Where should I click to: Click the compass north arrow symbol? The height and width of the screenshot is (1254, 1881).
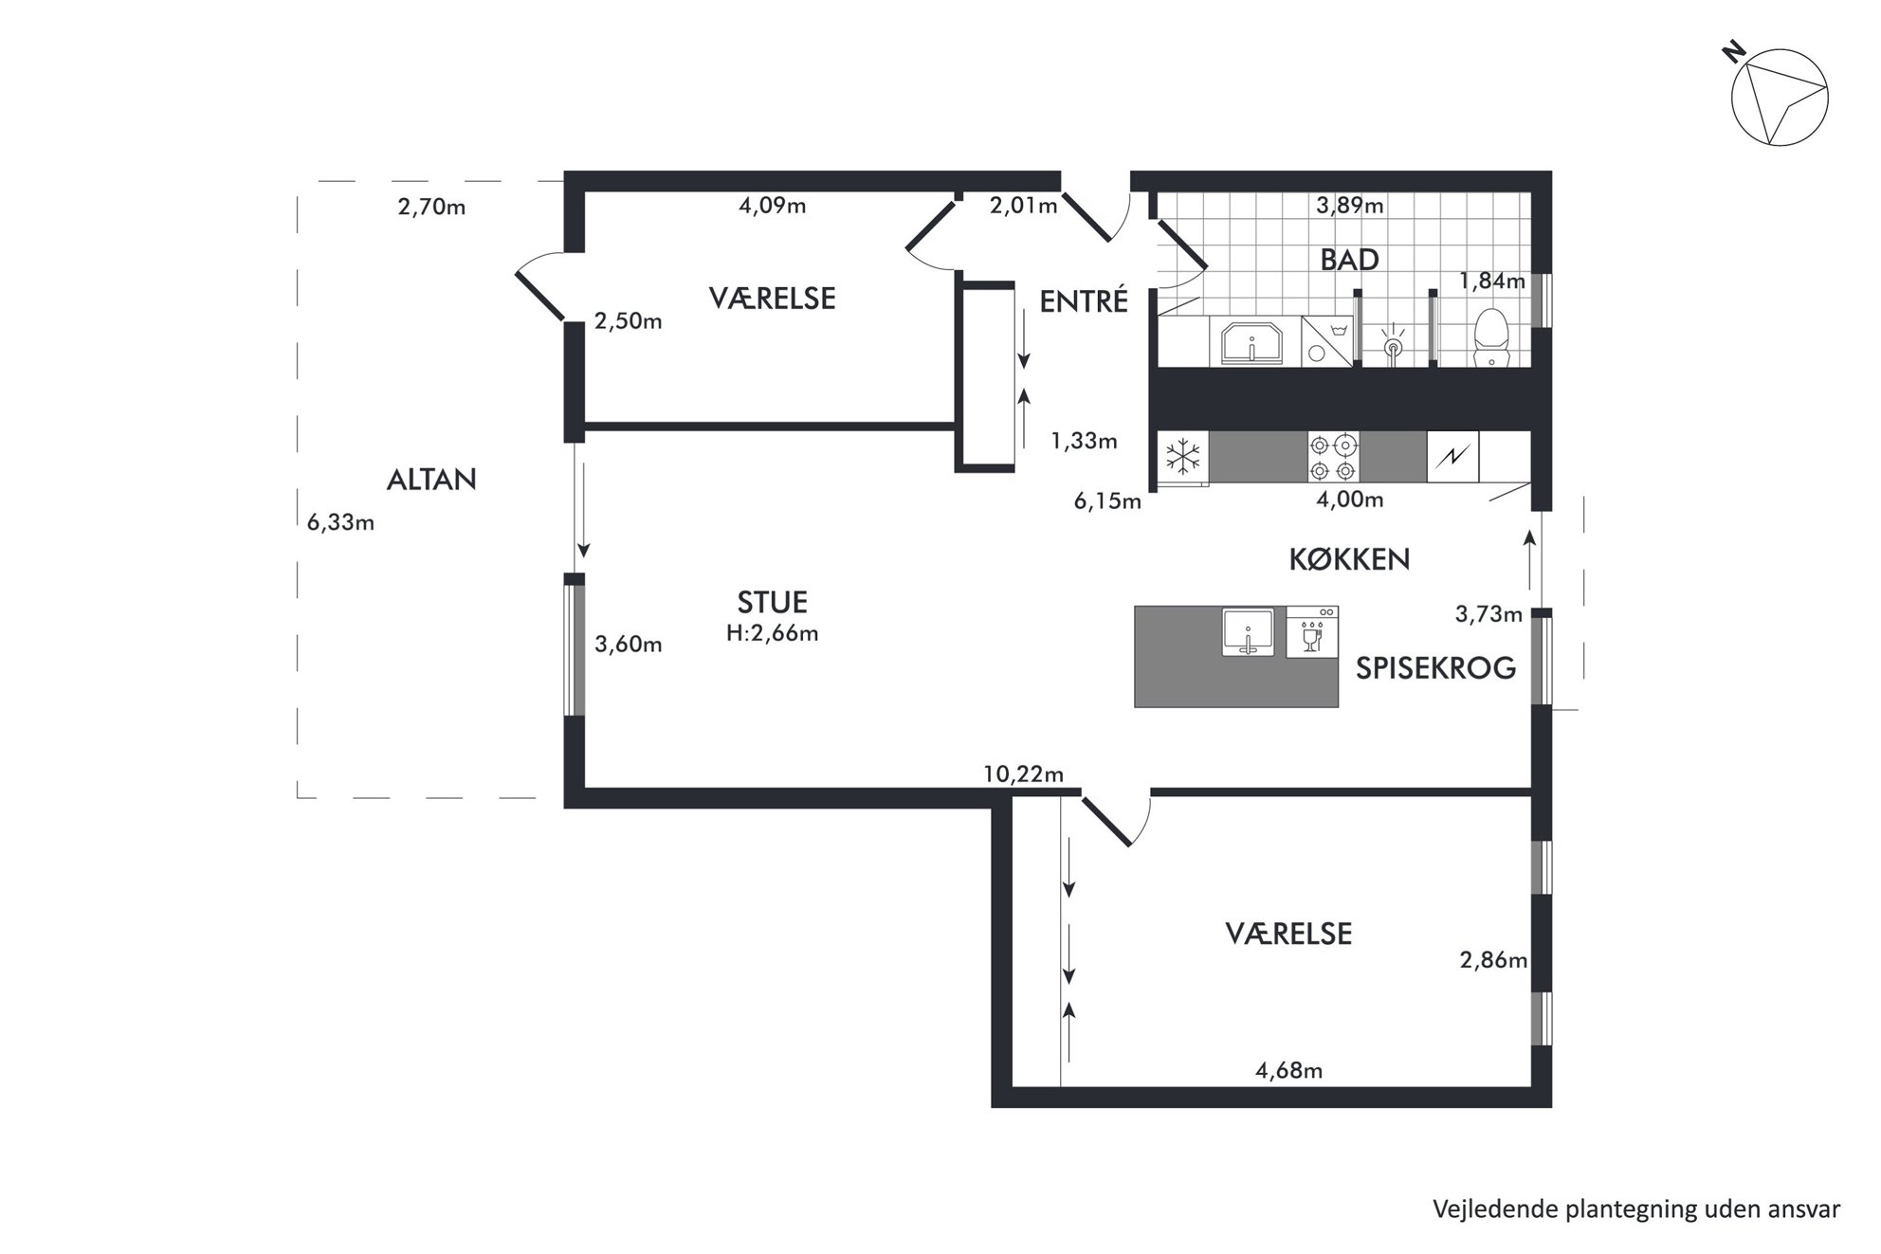point(1779,98)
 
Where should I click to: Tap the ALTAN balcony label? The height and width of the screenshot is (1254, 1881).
point(431,480)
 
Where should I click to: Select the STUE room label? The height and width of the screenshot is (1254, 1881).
point(773,602)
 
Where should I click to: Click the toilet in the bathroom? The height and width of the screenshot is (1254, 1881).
point(1491,336)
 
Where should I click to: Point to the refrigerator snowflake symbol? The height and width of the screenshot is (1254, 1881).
point(1183,457)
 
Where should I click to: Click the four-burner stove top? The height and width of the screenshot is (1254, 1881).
point(1333,457)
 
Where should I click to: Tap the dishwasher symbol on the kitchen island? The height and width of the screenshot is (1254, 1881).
point(1312,632)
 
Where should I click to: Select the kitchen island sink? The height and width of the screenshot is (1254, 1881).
point(1248,632)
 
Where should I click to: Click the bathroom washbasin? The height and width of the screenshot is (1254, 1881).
point(1251,342)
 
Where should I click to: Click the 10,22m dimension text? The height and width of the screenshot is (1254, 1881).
point(1023,774)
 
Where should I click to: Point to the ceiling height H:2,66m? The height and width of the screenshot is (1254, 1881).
point(773,633)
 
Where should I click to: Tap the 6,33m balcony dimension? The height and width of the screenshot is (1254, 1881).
point(340,522)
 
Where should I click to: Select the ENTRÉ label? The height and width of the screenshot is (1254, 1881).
point(1084,301)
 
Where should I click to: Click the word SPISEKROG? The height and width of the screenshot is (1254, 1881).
point(1435,668)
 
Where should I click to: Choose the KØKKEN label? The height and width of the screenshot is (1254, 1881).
point(1349,559)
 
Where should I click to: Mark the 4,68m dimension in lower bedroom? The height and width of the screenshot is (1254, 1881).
point(1288,1071)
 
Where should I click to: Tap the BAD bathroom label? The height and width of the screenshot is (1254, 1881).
point(1349,260)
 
